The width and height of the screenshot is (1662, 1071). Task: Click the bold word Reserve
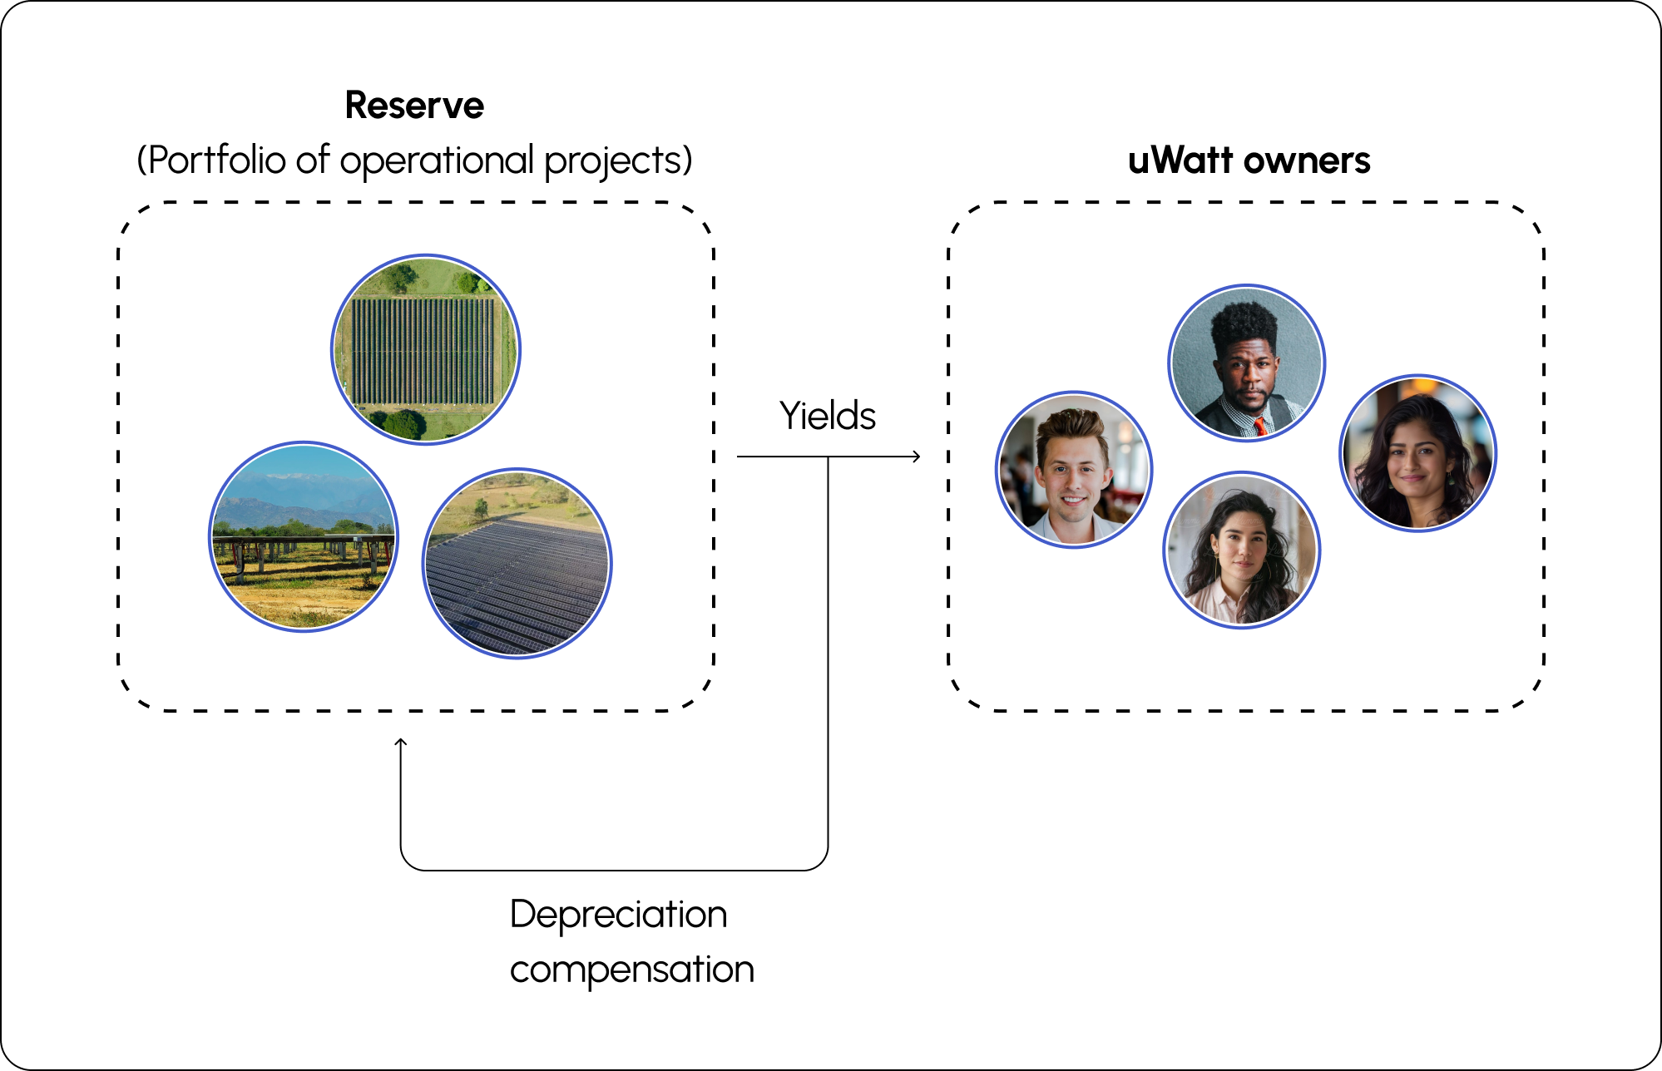414,106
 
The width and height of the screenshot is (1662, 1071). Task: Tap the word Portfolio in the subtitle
217,160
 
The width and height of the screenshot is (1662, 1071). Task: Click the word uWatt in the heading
1180,160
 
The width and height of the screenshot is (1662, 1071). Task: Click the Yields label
827,416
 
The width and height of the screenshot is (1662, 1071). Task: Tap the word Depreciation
618,915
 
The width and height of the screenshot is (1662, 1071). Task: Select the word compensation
631,970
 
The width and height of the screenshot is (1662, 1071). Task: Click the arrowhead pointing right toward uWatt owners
916,457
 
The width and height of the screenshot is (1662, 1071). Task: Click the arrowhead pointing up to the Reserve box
401,743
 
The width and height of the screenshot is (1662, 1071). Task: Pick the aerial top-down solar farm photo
426,349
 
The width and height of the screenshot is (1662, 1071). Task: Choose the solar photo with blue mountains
304,536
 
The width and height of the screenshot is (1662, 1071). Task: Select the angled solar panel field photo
517,564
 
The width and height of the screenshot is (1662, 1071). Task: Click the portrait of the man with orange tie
1246,363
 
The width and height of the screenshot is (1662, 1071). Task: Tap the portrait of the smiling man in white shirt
1074,470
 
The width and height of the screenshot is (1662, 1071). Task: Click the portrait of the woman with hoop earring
1241,550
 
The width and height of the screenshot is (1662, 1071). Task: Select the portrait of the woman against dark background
1417,453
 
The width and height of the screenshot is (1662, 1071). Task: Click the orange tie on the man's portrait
1260,427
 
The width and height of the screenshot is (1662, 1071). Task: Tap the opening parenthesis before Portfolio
141,160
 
